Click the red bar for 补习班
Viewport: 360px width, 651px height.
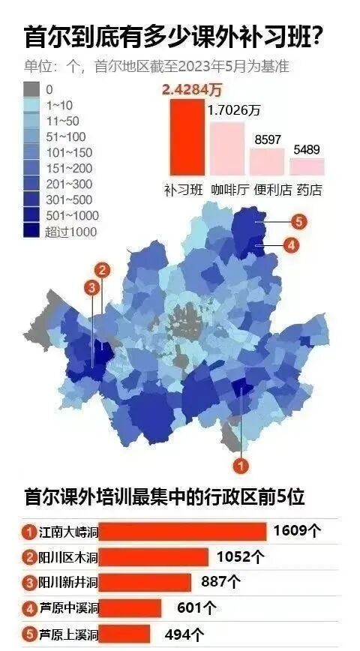(x=185, y=137)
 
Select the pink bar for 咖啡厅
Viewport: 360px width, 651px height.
(x=226, y=148)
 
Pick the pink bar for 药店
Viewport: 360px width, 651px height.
(x=307, y=166)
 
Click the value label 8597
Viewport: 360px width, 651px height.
(x=268, y=139)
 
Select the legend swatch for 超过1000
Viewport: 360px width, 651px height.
(x=32, y=232)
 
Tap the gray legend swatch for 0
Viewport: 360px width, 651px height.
(x=32, y=89)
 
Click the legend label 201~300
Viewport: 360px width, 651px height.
(x=70, y=184)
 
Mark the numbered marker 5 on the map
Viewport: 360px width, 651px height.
(x=298, y=221)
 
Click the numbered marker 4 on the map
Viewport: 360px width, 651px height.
(x=291, y=244)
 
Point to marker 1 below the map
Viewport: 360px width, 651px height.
(x=240, y=465)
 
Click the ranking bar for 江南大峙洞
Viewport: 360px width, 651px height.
(x=182, y=532)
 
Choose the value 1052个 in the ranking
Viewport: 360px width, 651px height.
(x=240, y=557)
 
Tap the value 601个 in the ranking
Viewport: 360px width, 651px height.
(x=196, y=607)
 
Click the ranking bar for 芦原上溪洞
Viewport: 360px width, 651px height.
(x=130, y=633)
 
